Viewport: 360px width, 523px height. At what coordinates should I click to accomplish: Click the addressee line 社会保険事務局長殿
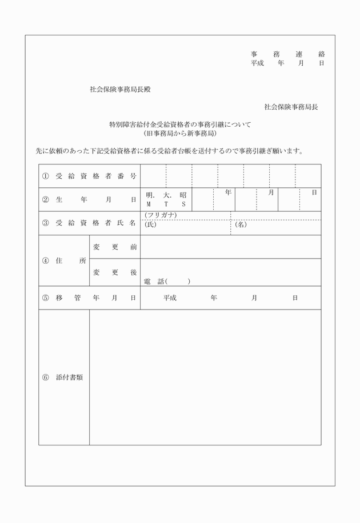tap(120, 90)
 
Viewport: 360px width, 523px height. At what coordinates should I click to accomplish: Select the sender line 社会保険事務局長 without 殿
tap(291, 107)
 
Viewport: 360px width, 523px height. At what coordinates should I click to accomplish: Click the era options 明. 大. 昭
tap(166, 195)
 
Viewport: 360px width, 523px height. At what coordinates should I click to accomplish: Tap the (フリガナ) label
tap(161, 215)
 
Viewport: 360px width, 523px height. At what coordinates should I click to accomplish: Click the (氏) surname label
tap(150, 224)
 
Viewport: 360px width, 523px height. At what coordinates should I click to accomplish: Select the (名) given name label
tap(241, 224)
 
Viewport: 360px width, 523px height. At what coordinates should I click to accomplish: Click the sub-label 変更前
tap(115, 247)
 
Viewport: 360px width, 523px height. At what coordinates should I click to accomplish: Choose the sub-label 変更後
tap(115, 273)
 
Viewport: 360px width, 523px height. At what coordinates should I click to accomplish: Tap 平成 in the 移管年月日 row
tap(170, 297)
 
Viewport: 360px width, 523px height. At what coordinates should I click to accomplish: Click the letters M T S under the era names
tap(166, 204)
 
